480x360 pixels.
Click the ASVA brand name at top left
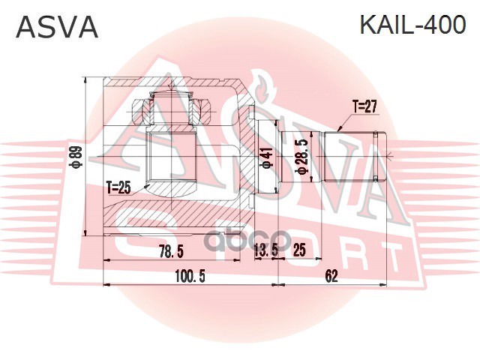[57, 27]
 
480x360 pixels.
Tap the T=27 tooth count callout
[363, 106]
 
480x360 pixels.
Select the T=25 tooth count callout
[118, 187]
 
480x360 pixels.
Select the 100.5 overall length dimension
[190, 276]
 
